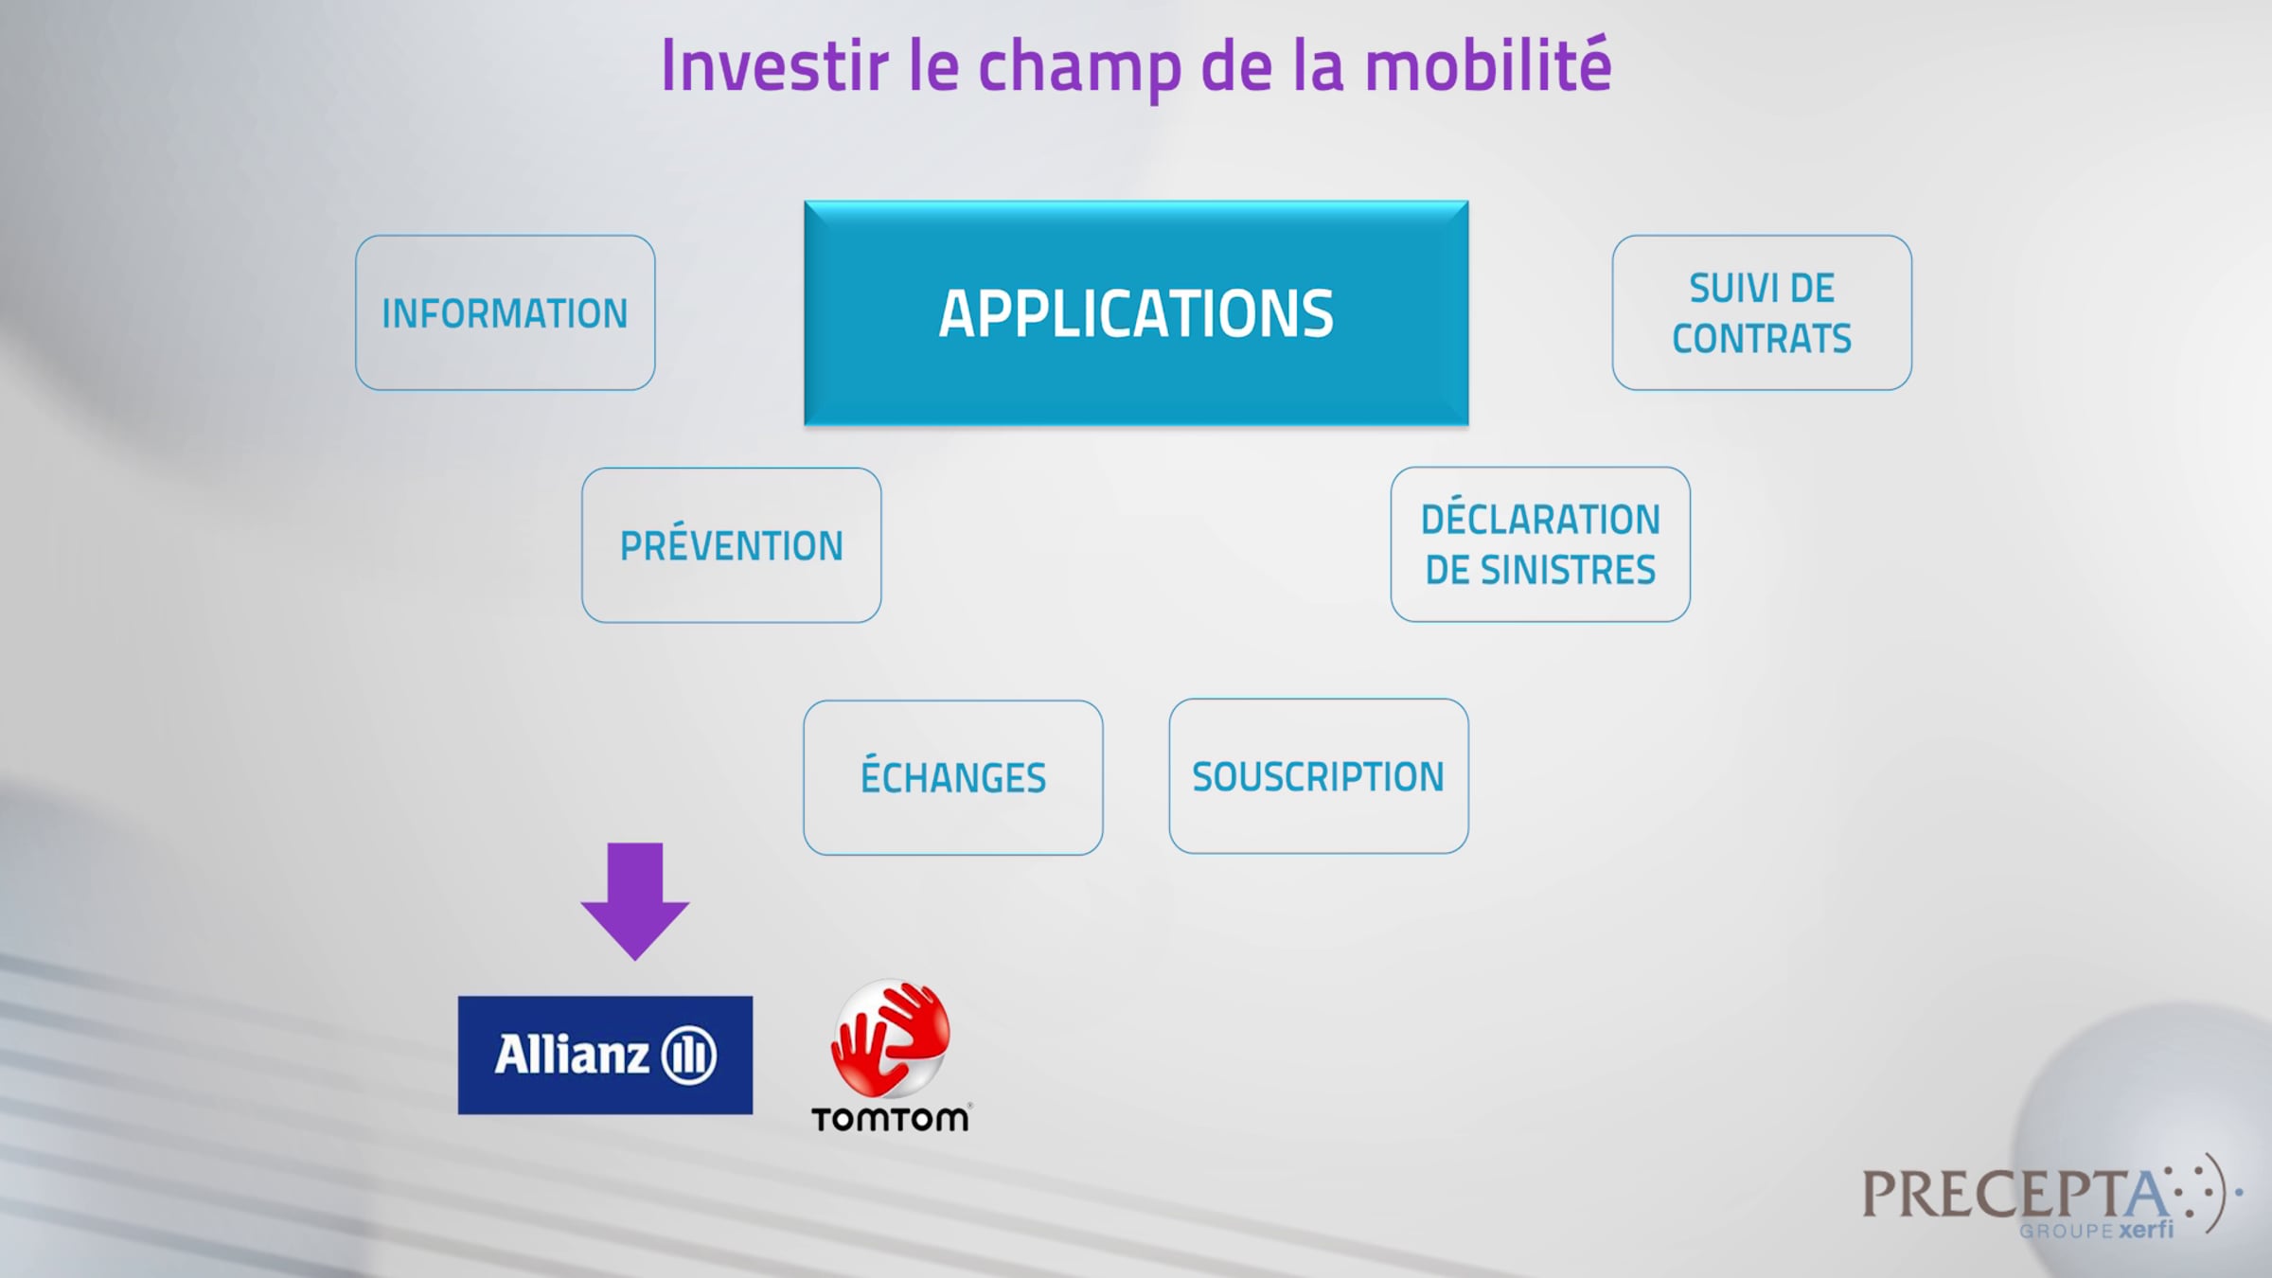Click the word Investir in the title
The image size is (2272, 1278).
(775, 65)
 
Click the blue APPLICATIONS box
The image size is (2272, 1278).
(1136, 313)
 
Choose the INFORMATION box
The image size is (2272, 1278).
(506, 313)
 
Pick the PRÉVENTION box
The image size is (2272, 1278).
(732, 545)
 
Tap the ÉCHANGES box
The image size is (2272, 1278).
(953, 777)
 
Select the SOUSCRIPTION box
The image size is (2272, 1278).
(1319, 776)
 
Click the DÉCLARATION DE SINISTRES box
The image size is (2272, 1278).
(1540, 544)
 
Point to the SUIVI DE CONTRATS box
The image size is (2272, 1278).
(1762, 312)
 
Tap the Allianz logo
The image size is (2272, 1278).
(605, 1055)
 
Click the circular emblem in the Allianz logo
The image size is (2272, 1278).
(688, 1055)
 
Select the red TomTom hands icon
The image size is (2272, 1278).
(890, 1038)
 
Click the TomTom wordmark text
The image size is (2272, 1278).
(891, 1119)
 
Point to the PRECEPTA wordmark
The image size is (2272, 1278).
(2016, 1193)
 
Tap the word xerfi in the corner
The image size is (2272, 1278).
(2146, 1230)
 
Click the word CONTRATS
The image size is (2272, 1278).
(1762, 338)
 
